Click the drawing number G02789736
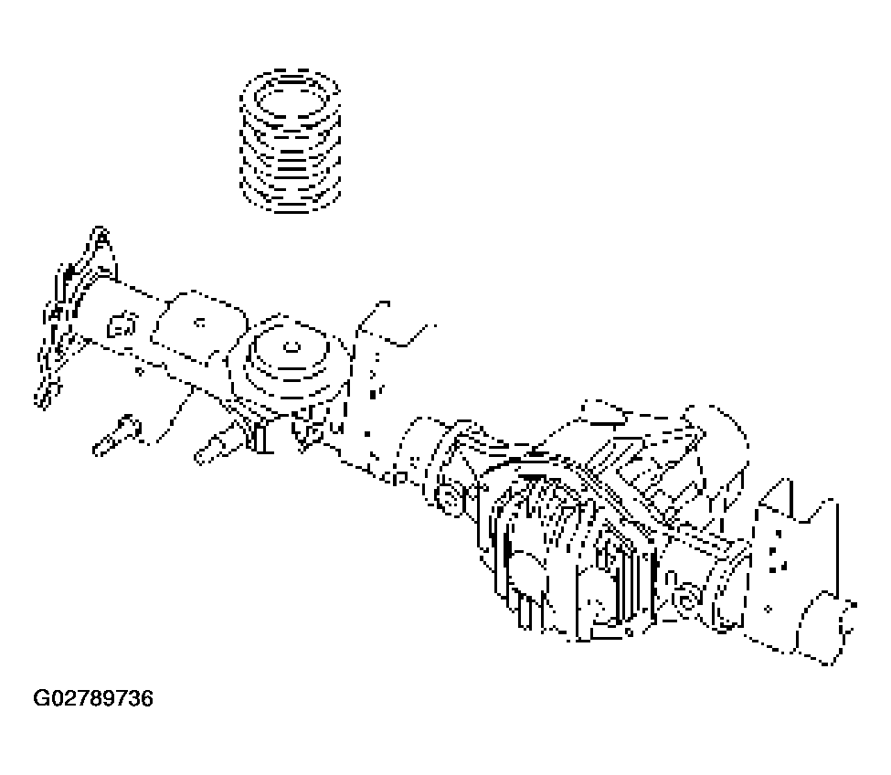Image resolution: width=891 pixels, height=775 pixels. click(x=93, y=697)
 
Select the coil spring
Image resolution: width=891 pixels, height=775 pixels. click(x=291, y=141)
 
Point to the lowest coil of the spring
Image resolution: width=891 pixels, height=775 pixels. click(x=291, y=200)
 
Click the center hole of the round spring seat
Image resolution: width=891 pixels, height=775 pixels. click(x=292, y=346)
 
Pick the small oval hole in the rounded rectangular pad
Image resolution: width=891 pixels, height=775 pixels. click(x=199, y=324)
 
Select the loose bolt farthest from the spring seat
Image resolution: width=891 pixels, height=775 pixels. click(x=117, y=435)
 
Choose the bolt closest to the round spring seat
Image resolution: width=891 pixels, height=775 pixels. click(x=218, y=445)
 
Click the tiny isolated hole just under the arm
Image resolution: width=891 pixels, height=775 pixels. click(x=139, y=372)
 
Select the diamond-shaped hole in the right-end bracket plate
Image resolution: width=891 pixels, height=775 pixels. click(x=769, y=610)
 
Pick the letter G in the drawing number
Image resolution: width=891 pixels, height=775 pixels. click(x=41, y=697)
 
